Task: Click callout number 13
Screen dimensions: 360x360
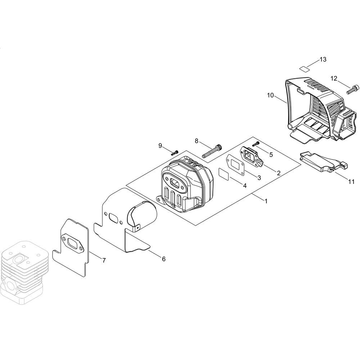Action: pyautogui.click(x=323, y=59)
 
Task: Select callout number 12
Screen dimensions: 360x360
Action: pyautogui.click(x=334, y=78)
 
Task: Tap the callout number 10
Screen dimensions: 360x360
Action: pyautogui.click(x=270, y=95)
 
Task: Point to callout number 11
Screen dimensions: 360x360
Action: pyautogui.click(x=351, y=182)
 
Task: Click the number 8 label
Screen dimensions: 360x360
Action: pyautogui.click(x=197, y=141)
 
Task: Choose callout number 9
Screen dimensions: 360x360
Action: pyautogui.click(x=160, y=145)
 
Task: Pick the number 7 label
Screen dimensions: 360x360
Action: pyautogui.click(x=104, y=260)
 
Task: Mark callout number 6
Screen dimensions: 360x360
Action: pyautogui.click(x=163, y=259)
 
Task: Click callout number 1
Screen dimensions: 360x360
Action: pyautogui.click(x=266, y=201)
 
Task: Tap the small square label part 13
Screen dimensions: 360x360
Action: pyautogui.click(x=304, y=68)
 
